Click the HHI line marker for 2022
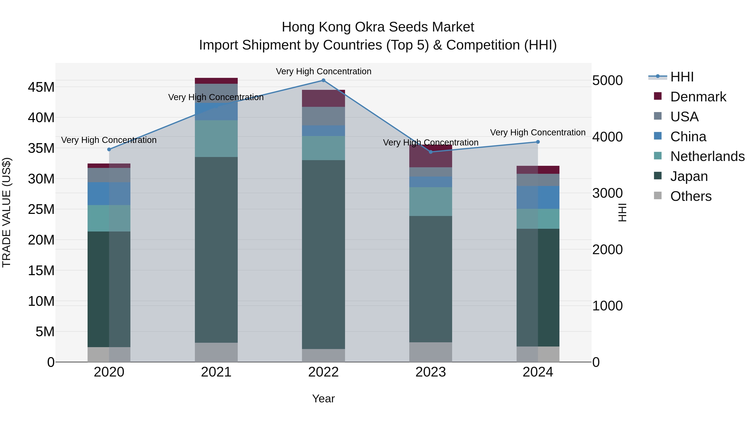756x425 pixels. point(323,80)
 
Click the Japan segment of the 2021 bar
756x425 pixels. point(216,250)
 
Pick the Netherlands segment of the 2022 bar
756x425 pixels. point(323,148)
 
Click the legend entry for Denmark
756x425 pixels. point(698,97)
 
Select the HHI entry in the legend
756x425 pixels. point(681,77)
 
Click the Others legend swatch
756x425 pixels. point(658,196)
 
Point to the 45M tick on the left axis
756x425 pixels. point(41,87)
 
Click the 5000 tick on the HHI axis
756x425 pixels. point(607,80)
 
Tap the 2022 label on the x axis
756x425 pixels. point(323,372)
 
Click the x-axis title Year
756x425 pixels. point(323,399)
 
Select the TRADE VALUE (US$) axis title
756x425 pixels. point(7,212)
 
